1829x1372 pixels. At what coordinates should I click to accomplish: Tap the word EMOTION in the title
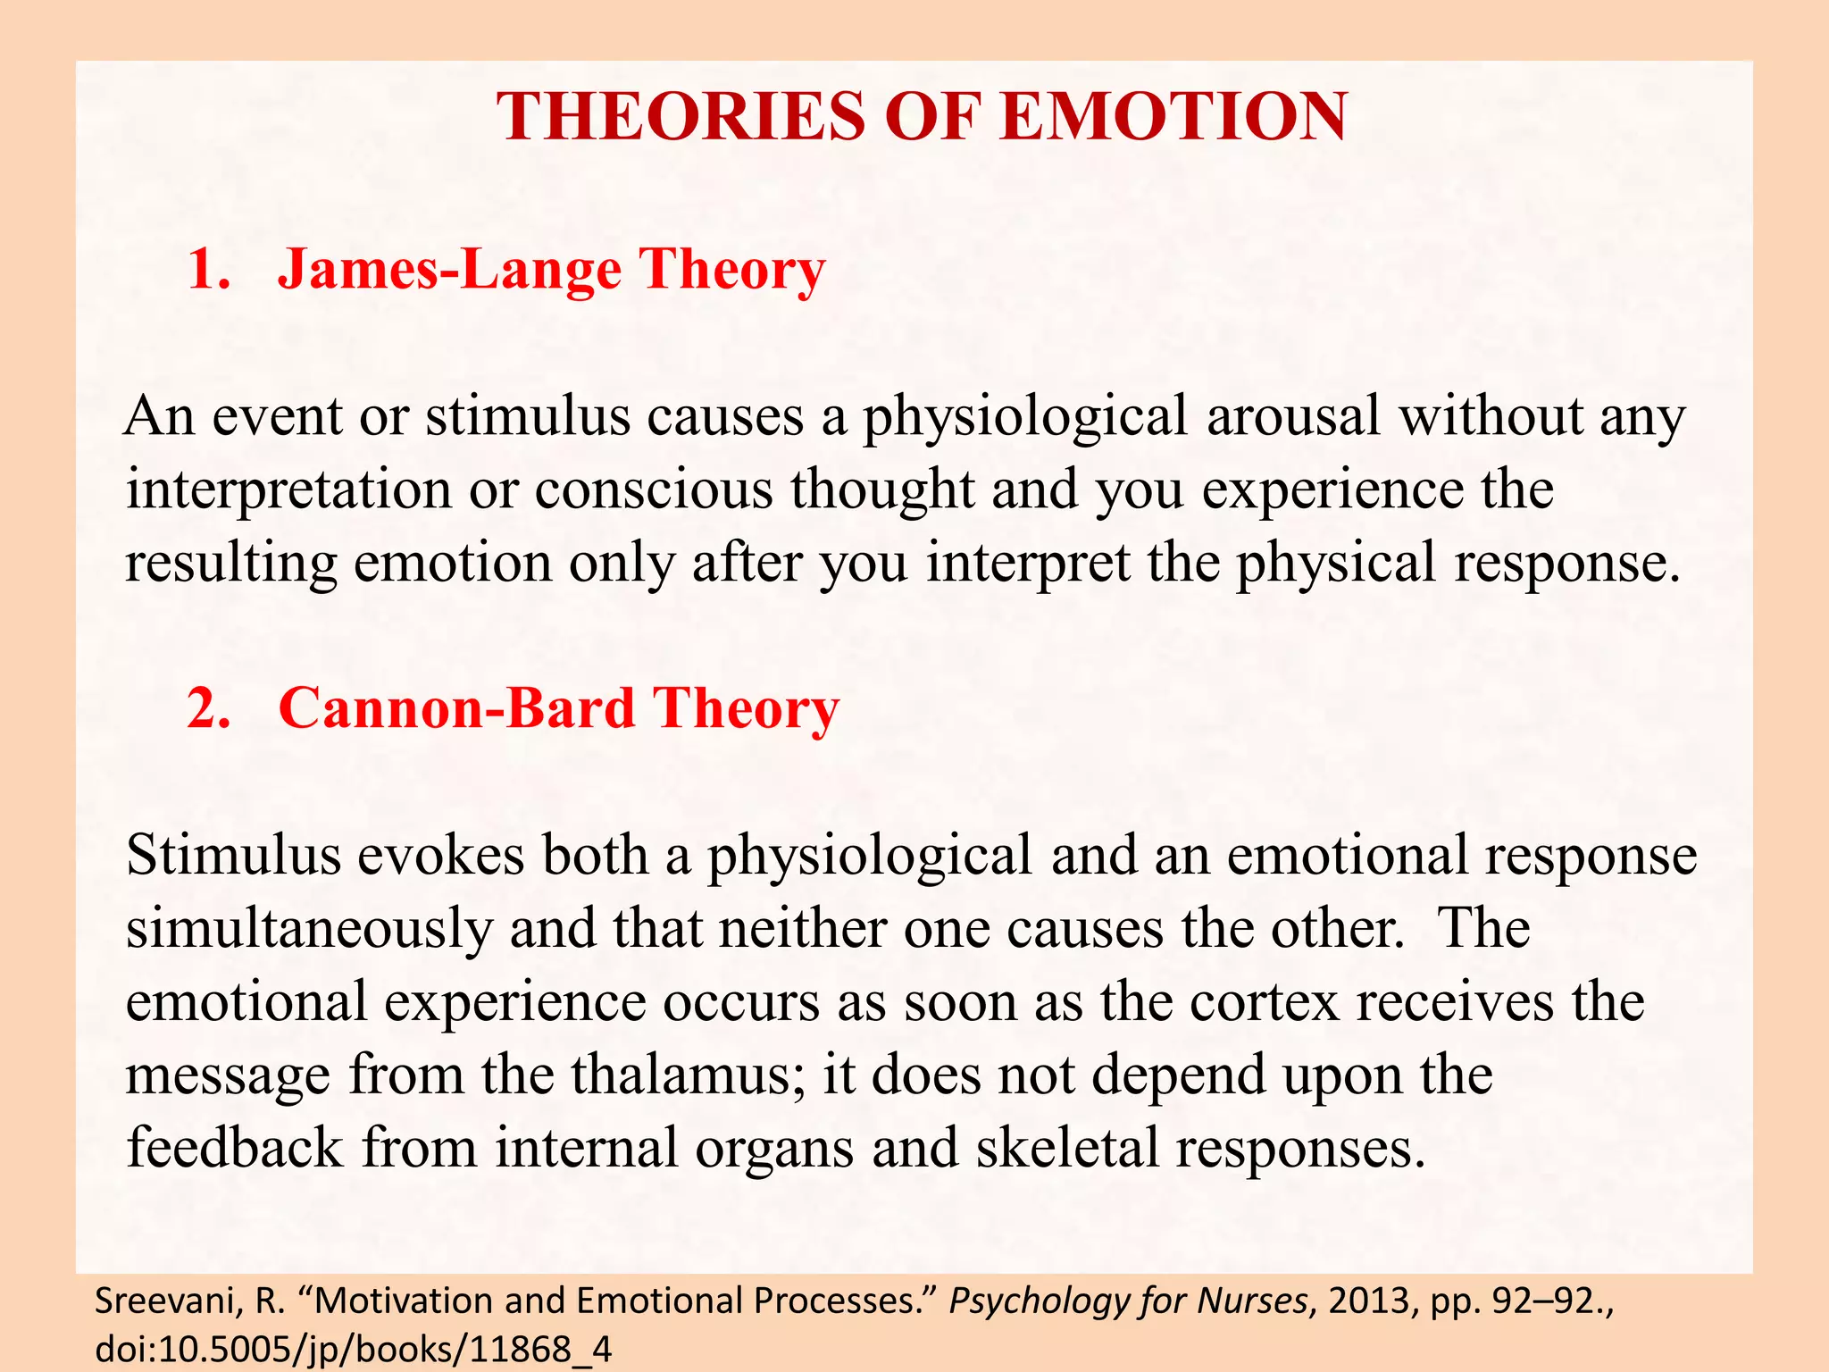pos(1173,117)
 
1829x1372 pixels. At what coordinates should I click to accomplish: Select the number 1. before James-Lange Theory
pos(208,269)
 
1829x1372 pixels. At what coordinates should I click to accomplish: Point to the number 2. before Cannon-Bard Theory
pos(208,708)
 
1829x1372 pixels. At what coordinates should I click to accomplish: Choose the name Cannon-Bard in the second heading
pos(456,708)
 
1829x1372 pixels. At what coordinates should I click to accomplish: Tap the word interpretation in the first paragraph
pos(288,490)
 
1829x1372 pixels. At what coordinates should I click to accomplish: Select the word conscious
pos(653,490)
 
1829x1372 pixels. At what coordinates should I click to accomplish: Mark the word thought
pos(881,490)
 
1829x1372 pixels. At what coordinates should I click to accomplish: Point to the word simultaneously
pos(309,929)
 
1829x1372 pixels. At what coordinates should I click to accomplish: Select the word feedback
pos(234,1148)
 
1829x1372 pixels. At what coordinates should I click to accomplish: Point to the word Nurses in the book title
pos(1251,1302)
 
